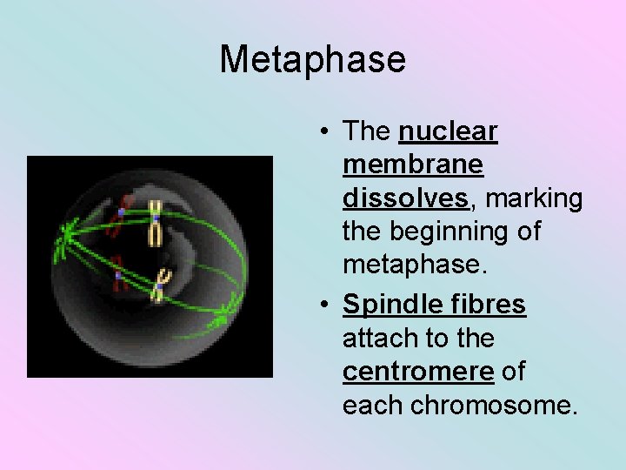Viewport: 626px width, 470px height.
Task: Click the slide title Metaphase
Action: pyautogui.click(x=312, y=60)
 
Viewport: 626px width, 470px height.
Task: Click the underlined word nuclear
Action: pyautogui.click(x=448, y=131)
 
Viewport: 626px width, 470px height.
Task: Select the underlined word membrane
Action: pyautogui.click(x=413, y=164)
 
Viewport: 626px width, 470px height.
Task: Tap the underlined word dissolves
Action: pyautogui.click(x=406, y=198)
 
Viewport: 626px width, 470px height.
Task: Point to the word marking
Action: pyautogui.click(x=534, y=198)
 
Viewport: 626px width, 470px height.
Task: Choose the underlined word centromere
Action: pyautogui.click(x=418, y=372)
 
